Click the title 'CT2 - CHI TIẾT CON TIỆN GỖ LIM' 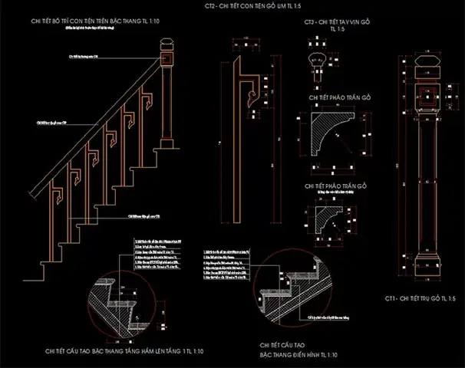click(232, 7)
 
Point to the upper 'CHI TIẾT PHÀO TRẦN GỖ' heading click(339, 97)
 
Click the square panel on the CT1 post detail click(425, 99)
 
